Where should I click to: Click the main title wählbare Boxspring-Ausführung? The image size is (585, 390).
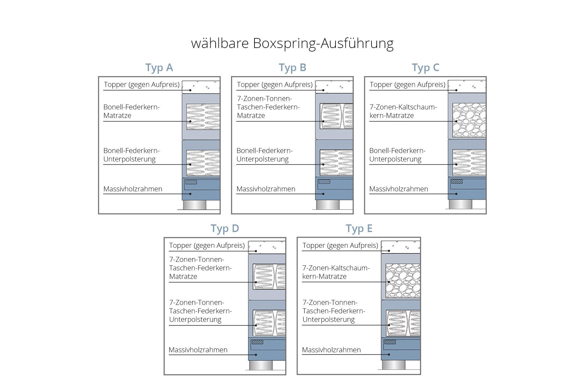point(292,44)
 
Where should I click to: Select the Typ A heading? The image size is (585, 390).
point(159,68)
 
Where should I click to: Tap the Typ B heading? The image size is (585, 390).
point(292,68)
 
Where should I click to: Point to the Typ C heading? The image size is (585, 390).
point(425,68)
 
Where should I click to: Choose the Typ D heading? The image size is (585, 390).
point(225,228)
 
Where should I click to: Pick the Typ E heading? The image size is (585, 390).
point(359,228)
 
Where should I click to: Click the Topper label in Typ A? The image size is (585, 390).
point(142,85)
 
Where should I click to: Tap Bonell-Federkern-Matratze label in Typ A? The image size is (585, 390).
point(132,111)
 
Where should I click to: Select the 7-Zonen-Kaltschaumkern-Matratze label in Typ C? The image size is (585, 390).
point(403,111)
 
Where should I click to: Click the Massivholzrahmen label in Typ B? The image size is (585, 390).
point(266,189)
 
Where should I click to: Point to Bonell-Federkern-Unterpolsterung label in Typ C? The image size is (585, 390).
point(397,155)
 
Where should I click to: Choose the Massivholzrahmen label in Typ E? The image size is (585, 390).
point(331,350)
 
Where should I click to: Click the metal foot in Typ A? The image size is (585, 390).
point(195,205)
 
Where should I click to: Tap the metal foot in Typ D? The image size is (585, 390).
point(261,365)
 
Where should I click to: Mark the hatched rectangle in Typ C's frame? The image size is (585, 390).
point(457,181)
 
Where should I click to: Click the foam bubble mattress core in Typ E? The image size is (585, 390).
point(403,281)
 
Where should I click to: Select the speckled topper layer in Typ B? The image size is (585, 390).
point(334,87)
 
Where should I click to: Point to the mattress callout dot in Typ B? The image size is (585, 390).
point(324,121)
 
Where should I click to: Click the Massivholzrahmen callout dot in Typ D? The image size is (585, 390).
point(256,355)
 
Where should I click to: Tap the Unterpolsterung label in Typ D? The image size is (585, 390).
point(200,311)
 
